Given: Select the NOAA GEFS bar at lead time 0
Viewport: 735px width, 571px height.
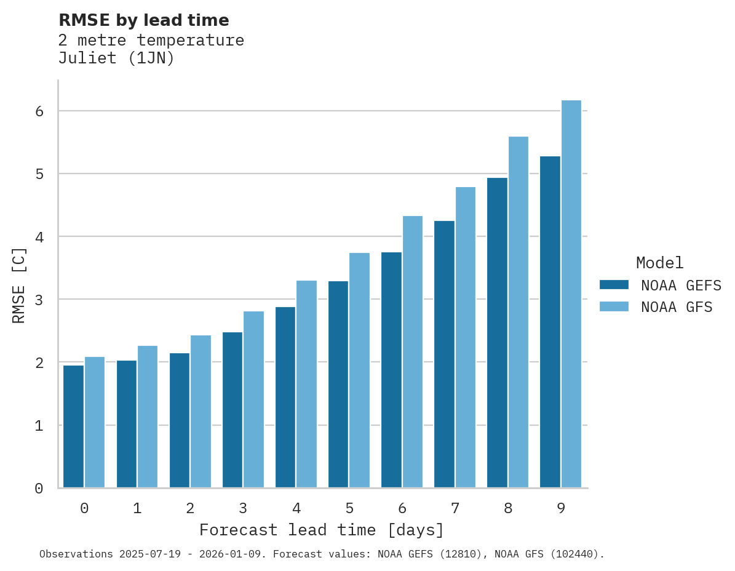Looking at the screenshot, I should click(x=73, y=426).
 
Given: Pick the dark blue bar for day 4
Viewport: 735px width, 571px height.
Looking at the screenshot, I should click(x=285, y=397).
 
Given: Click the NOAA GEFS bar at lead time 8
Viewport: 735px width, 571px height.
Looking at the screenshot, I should click(x=497, y=333).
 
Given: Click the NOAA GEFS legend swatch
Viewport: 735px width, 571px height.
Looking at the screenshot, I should click(x=614, y=285).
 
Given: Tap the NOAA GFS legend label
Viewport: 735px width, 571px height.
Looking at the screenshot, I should click(x=677, y=307).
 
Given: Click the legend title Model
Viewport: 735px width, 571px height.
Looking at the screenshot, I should click(x=659, y=263).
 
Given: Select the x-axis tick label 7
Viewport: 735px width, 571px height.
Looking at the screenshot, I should click(x=455, y=509).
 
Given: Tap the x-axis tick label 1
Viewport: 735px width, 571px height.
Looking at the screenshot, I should click(x=137, y=509).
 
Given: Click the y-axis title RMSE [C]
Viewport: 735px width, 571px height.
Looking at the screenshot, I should click(x=19, y=285).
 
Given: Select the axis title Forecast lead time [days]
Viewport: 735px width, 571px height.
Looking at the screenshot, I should click(x=321, y=530).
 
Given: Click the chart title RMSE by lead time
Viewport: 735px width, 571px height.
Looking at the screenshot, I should click(x=143, y=20).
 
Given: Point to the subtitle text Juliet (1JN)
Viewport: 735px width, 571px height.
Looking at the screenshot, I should click(x=116, y=59).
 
